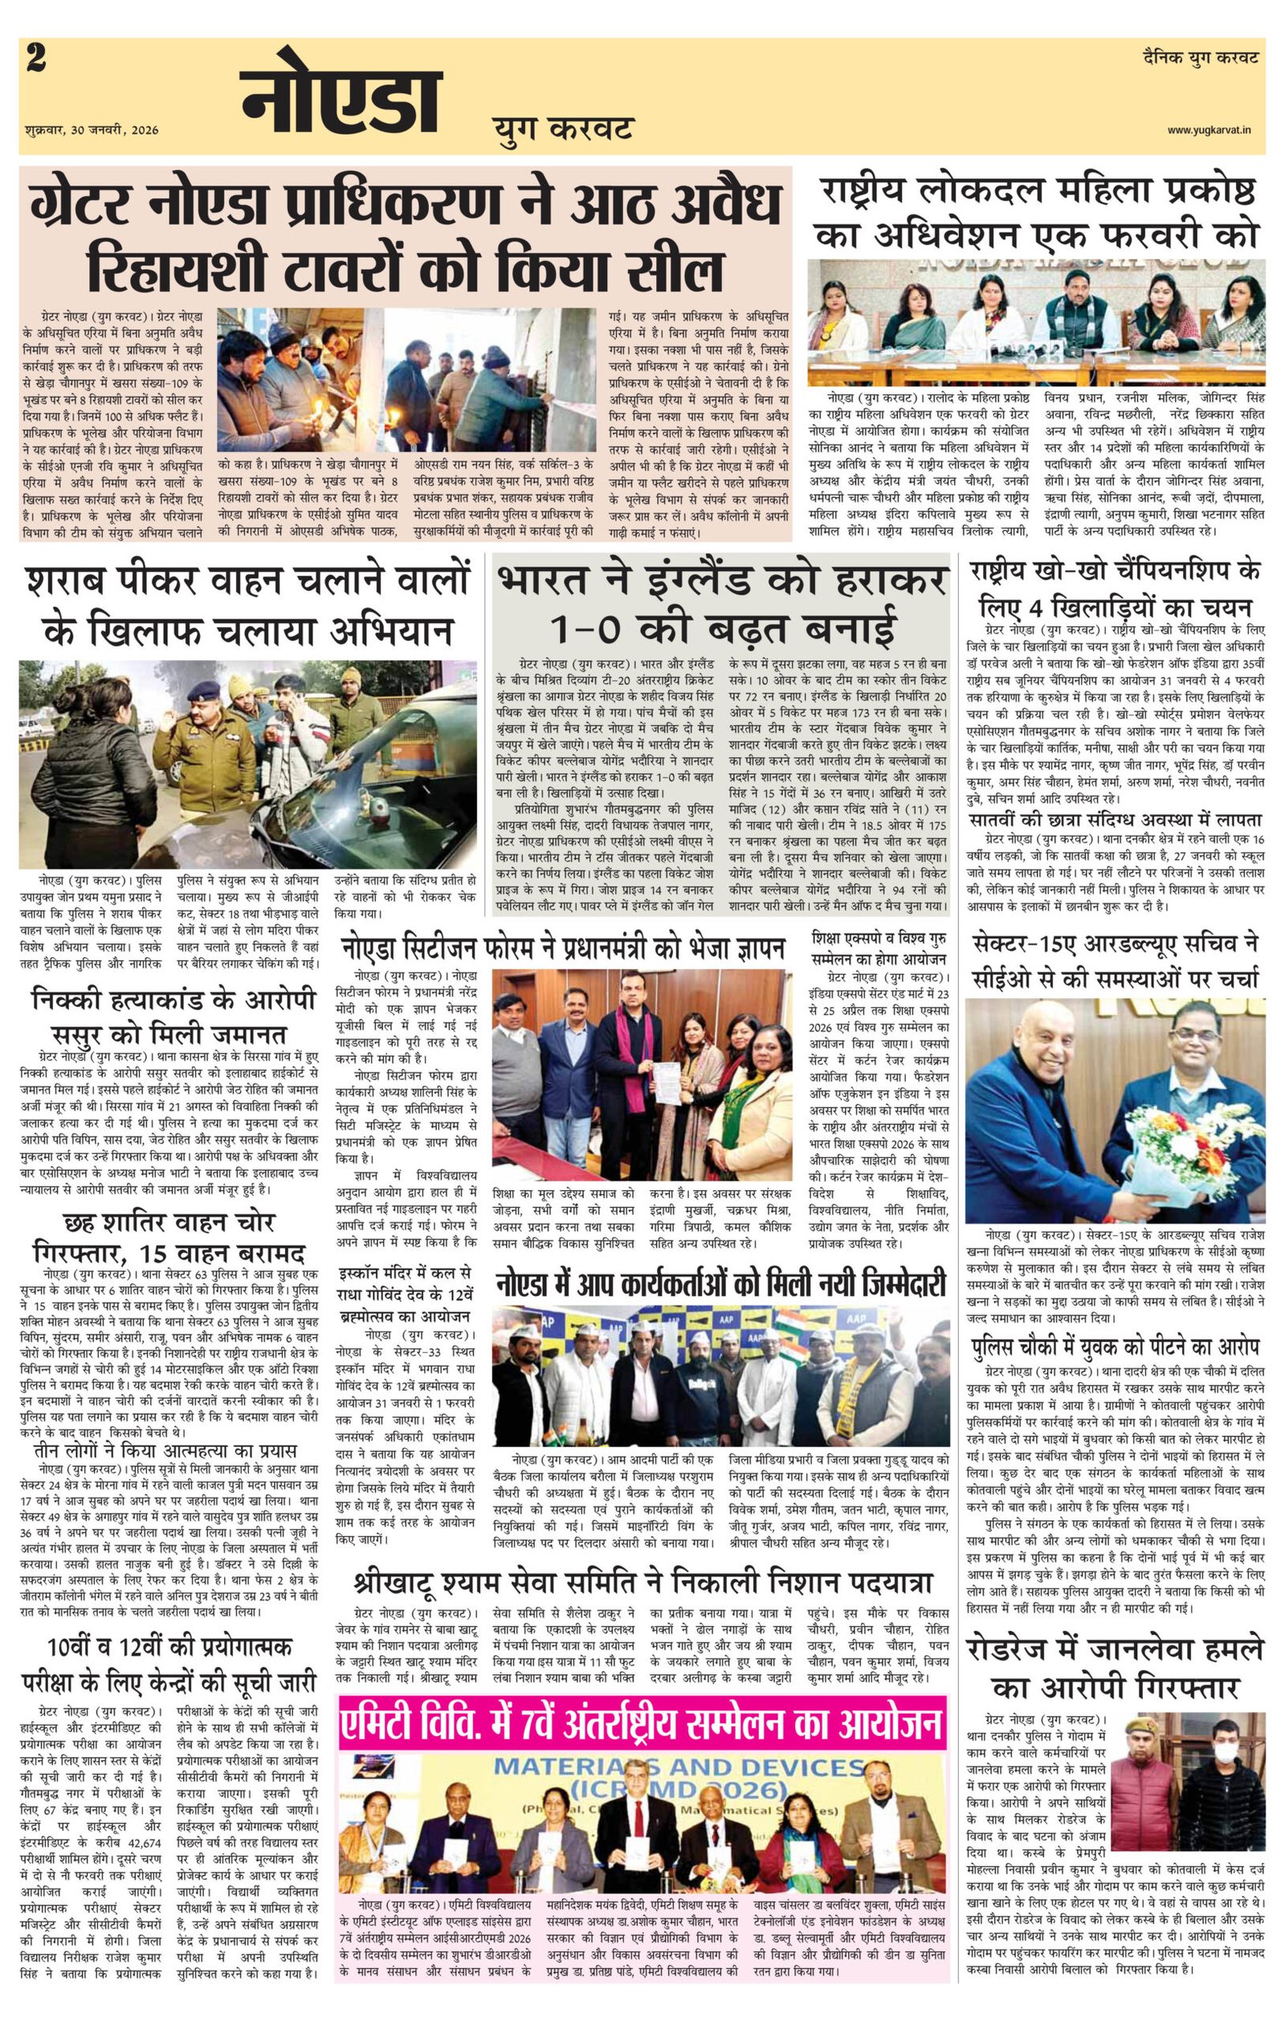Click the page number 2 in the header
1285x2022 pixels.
tap(36, 60)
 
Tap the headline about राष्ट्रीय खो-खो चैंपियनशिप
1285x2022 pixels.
tap(1114, 590)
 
